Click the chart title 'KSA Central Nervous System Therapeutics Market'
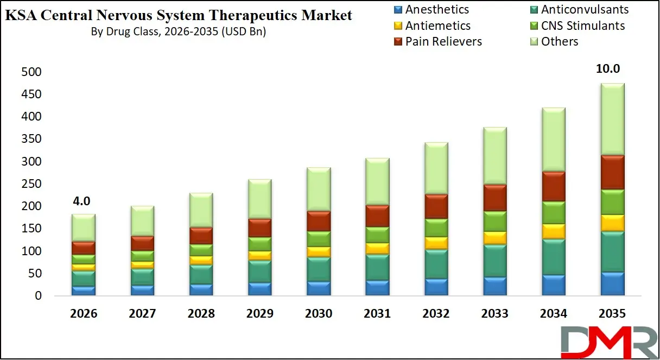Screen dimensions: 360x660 coord(179,15)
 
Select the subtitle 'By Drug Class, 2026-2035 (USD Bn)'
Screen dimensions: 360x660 coord(179,31)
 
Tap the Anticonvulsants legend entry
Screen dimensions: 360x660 coord(577,10)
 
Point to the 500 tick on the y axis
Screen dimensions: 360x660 coord(31,72)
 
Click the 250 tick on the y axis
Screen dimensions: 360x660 coord(31,184)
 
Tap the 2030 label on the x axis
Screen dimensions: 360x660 coord(319,314)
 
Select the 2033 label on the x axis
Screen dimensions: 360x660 coord(495,314)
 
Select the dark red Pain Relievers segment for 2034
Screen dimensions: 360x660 coord(554,186)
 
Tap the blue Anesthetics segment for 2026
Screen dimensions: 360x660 coord(84,290)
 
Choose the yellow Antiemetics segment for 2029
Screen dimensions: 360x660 coord(260,255)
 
